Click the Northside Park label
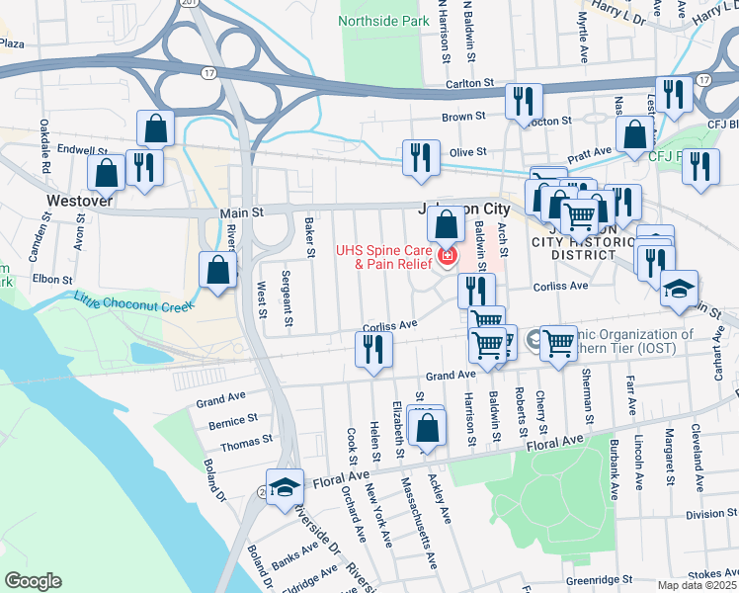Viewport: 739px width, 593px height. click(384, 20)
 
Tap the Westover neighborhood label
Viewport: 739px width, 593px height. click(78, 200)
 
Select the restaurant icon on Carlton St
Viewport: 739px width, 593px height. click(523, 101)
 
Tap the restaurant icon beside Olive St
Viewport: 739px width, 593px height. click(421, 157)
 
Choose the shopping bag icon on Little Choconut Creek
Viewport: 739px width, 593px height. click(217, 269)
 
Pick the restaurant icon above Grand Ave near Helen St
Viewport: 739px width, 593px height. click(373, 349)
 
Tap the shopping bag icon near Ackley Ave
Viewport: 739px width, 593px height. click(427, 430)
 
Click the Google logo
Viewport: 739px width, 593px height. click(33, 581)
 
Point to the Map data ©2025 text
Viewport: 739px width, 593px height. click(697, 585)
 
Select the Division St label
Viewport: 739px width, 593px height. click(704, 514)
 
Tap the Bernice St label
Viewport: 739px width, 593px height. click(233, 423)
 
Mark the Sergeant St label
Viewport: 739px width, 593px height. click(287, 297)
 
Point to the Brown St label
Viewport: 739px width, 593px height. click(463, 117)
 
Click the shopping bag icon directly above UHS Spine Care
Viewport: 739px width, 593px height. click(447, 224)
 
